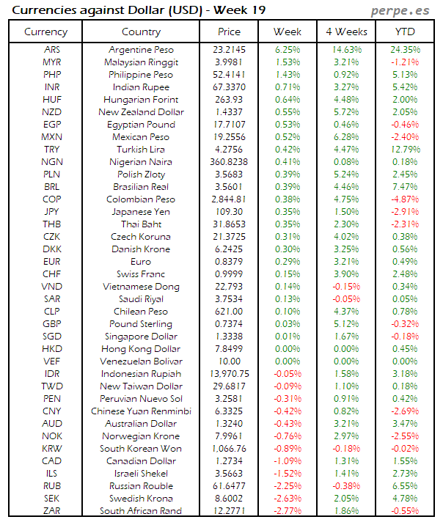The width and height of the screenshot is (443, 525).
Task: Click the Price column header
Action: pos(229,32)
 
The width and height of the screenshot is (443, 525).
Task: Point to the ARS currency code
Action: pos(52,50)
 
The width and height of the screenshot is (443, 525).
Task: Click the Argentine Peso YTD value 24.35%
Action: pos(405,50)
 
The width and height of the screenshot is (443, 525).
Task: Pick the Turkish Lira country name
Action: pos(140,150)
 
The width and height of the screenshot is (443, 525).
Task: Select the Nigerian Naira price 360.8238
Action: pos(229,162)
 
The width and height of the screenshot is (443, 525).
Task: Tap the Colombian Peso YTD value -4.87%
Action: pos(405,199)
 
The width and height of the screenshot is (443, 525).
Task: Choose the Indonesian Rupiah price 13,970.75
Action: pos(229,374)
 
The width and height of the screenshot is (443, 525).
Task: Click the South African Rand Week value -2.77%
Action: pos(288,511)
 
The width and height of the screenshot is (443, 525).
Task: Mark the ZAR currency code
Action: pos(52,511)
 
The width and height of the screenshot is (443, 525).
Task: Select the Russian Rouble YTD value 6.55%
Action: pos(405,486)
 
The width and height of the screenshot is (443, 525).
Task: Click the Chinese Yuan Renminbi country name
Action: pos(140,411)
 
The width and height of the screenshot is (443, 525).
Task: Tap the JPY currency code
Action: pos(52,212)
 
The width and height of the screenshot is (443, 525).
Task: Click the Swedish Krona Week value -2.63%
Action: pos(288,499)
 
